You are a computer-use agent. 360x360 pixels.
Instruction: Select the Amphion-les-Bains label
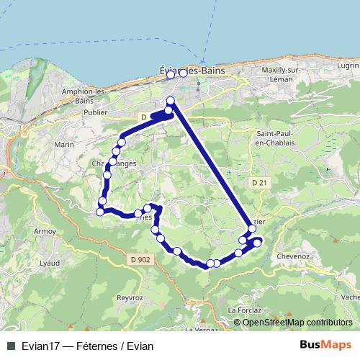pyautogui.click(x=85, y=96)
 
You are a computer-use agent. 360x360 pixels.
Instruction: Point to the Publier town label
pyautogui.click(x=96, y=113)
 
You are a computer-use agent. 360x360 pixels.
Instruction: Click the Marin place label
pyautogui.click(x=65, y=145)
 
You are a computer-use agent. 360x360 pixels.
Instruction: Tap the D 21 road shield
pyautogui.click(x=260, y=184)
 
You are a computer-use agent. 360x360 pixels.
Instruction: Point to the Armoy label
pyautogui.click(x=45, y=232)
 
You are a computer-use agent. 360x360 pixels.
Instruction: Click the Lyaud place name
pyautogui.click(x=50, y=264)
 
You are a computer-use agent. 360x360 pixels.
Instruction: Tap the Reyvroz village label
pyautogui.click(x=130, y=297)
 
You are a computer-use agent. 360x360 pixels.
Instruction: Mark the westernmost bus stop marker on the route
pyautogui.click(x=100, y=212)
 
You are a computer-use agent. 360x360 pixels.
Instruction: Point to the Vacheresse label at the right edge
pyautogui.click(x=351, y=297)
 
